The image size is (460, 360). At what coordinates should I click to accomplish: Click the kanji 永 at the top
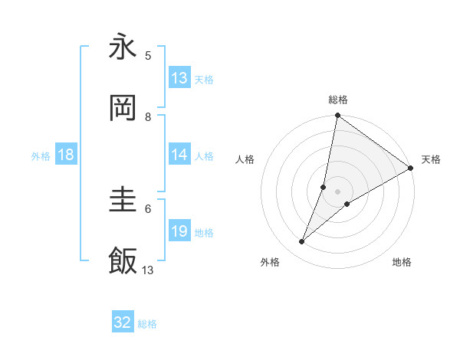pyautogui.click(x=123, y=47)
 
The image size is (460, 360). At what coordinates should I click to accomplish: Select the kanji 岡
pyautogui.click(x=123, y=109)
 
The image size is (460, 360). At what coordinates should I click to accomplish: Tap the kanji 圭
pyautogui.click(x=123, y=201)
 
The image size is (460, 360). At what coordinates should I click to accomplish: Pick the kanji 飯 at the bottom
pyautogui.click(x=123, y=262)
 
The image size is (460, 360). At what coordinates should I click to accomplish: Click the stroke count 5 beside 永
pyautogui.click(x=148, y=55)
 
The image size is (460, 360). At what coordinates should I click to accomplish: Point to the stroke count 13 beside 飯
pyautogui.click(x=148, y=270)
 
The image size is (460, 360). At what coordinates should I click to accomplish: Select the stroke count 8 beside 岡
pyautogui.click(x=148, y=116)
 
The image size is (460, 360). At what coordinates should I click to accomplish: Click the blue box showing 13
pyautogui.click(x=179, y=78)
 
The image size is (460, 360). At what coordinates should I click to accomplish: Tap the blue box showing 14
pyautogui.click(x=179, y=155)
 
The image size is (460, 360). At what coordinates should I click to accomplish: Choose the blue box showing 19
pyautogui.click(x=179, y=231)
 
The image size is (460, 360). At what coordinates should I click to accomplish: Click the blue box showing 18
pyautogui.click(x=66, y=155)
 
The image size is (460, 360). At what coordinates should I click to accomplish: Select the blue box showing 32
pyautogui.click(x=123, y=322)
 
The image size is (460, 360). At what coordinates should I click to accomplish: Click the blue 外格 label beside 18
pyautogui.click(x=41, y=155)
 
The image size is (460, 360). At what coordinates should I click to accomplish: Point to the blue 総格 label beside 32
pyautogui.click(x=147, y=324)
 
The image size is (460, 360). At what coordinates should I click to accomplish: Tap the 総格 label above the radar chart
pyautogui.click(x=338, y=100)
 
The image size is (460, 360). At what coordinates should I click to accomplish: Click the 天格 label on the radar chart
pyautogui.click(x=431, y=159)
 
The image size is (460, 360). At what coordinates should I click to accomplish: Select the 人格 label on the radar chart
pyautogui.click(x=245, y=159)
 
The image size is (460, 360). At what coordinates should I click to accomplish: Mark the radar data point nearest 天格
pyautogui.click(x=411, y=169)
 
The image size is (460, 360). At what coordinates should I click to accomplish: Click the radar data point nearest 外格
pyautogui.click(x=302, y=242)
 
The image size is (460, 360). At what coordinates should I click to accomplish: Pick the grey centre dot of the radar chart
pyautogui.click(x=338, y=191)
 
